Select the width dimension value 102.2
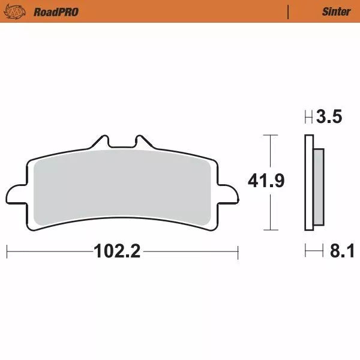(117, 251)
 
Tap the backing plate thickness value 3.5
(330, 117)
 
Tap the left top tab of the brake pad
(101, 142)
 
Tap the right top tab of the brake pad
(143, 142)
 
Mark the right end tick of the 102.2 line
(238, 251)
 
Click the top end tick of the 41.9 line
(271, 136)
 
